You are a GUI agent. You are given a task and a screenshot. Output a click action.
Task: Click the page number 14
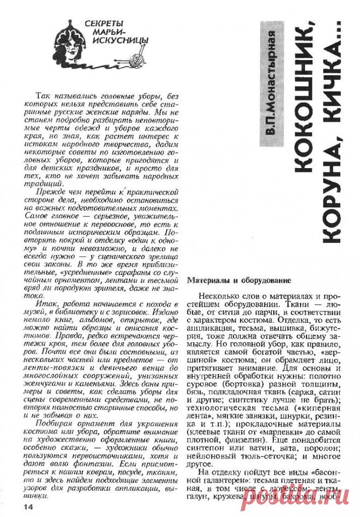point(28,507)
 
